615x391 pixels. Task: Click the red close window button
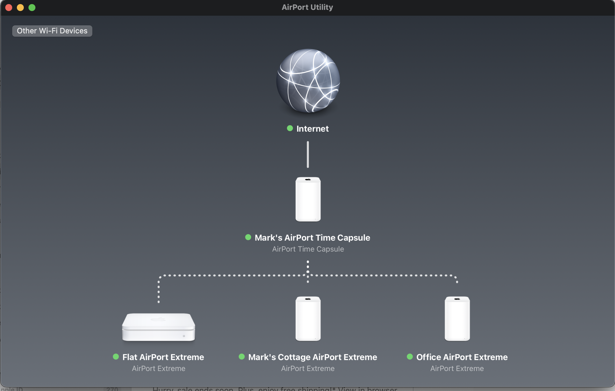(9, 8)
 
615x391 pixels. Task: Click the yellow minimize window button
(20, 8)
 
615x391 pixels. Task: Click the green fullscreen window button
(32, 8)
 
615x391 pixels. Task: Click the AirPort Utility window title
(307, 7)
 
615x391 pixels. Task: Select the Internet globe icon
(308, 81)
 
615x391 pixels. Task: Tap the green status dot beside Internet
(290, 128)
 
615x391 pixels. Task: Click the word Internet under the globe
(312, 129)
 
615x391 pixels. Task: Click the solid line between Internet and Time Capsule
(308, 155)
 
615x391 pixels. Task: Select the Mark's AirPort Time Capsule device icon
(308, 199)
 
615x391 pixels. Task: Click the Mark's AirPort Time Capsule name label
(312, 238)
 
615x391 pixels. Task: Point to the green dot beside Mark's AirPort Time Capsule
(248, 237)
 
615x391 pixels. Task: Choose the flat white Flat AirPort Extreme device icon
(159, 327)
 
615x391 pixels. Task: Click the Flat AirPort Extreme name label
(163, 357)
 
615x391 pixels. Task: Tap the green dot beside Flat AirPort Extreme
(116, 357)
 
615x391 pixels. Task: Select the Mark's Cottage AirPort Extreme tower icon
(308, 319)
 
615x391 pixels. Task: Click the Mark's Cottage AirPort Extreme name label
(312, 357)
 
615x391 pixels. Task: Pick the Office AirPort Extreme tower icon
(457, 319)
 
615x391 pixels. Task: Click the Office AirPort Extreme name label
(462, 357)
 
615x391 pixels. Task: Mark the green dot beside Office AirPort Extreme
(410, 357)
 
